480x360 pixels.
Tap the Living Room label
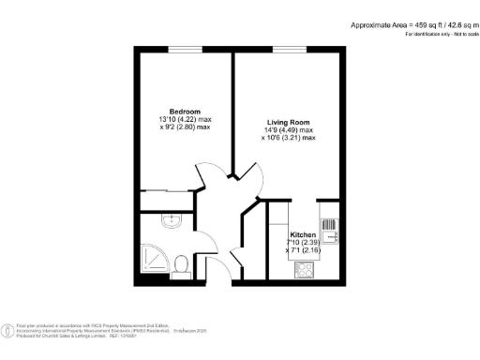(288, 122)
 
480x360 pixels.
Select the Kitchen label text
(302, 233)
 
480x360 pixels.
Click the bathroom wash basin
(171, 221)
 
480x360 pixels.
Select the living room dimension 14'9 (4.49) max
(289, 129)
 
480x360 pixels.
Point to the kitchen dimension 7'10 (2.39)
(303, 242)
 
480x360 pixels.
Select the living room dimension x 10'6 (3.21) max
(289, 137)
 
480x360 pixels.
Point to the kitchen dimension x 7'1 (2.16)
(303, 249)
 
